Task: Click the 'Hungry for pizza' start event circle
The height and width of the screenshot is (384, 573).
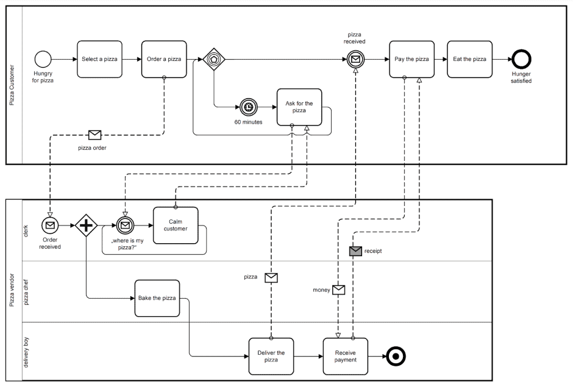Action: click(x=43, y=59)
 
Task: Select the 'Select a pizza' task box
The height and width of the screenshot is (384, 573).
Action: click(x=99, y=59)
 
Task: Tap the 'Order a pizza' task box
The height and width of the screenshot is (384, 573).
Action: click(x=164, y=59)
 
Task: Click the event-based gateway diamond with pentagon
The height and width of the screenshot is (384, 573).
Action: click(x=214, y=59)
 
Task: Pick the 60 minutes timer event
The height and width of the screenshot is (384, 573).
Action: click(x=248, y=107)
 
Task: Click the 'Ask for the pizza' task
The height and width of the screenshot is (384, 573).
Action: click(x=299, y=107)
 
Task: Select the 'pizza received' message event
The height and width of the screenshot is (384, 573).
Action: click(x=355, y=59)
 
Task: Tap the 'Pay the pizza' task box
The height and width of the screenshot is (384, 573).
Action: click(x=412, y=59)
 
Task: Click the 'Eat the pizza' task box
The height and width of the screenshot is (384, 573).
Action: click(x=469, y=59)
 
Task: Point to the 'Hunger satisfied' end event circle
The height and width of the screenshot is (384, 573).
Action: click(x=521, y=59)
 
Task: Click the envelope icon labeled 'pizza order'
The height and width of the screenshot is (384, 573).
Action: click(x=95, y=135)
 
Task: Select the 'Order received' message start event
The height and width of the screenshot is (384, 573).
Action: click(x=50, y=226)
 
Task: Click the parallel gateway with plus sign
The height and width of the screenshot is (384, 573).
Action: click(x=86, y=226)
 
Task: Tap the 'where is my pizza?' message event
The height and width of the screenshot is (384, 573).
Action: click(x=125, y=226)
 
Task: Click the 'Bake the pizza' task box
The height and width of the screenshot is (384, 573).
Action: click(x=157, y=298)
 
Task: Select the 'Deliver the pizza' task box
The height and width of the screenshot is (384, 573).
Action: click(x=271, y=356)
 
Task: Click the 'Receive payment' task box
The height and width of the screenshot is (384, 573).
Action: click(x=345, y=356)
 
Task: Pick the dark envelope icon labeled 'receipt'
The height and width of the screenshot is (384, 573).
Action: click(x=355, y=251)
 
